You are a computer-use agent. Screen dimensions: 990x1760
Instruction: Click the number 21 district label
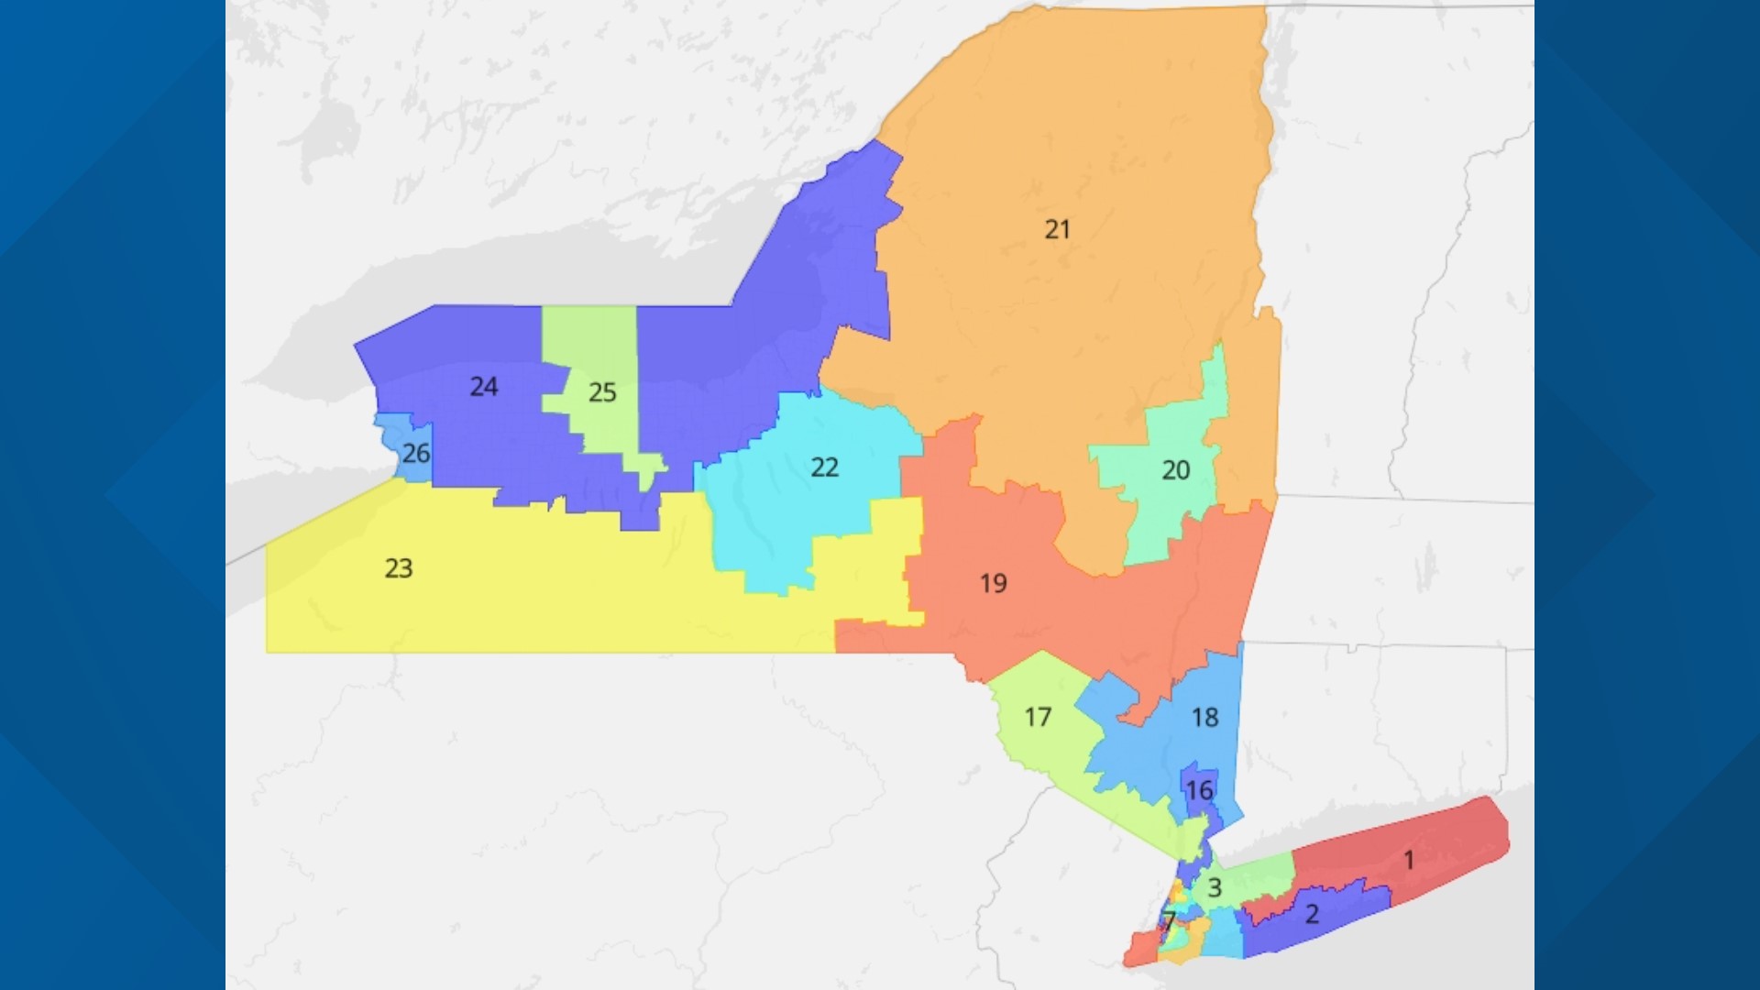click(1057, 229)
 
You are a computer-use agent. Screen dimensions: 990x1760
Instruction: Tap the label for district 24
click(484, 387)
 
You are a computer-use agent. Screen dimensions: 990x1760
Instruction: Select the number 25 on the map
click(602, 392)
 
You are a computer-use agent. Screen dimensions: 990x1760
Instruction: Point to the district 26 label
click(416, 453)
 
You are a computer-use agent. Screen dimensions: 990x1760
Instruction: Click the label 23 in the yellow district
click(398, 568)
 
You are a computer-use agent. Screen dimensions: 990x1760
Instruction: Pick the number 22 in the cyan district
click(824, 467)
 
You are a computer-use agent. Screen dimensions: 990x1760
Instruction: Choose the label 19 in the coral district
click(993, 583)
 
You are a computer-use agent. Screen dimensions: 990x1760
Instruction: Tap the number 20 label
click(1175, 470)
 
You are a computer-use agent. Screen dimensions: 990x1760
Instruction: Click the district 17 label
click(1038, 717)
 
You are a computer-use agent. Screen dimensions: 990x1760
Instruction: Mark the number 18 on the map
click(1204, 717)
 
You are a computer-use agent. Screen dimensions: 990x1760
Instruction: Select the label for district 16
click(1199, 790)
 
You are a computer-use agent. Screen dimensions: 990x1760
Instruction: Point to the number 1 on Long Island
click(1409, 860)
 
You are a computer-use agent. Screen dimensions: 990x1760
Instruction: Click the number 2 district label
click(1312, 914)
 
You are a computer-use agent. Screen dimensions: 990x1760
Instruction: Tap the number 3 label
click(1215, 887)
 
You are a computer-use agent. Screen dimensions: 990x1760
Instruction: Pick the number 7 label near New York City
click(1169, 920)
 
